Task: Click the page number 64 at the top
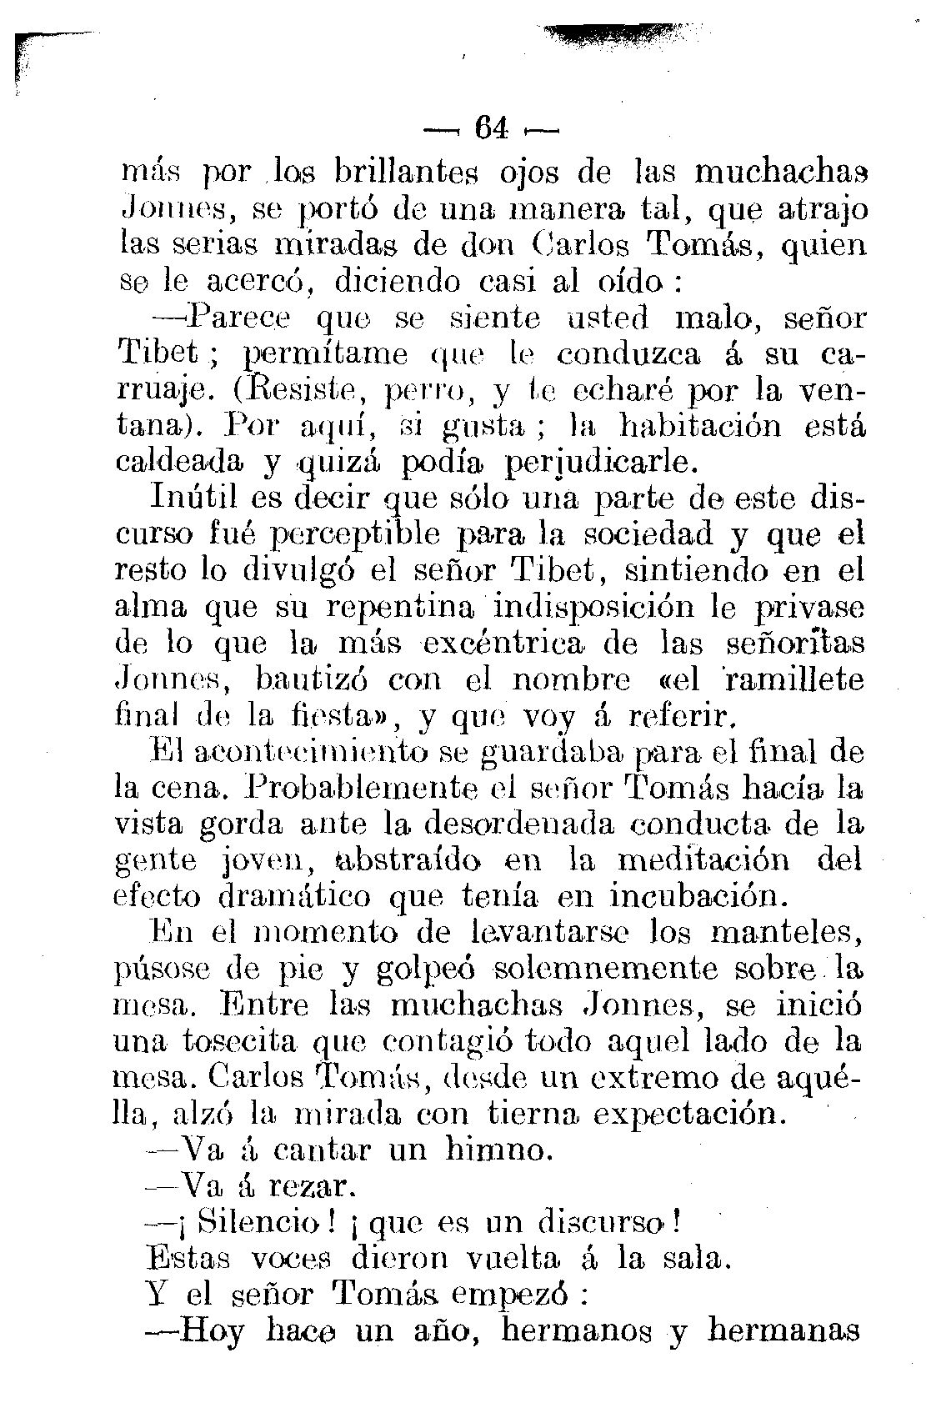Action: point(490,129)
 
